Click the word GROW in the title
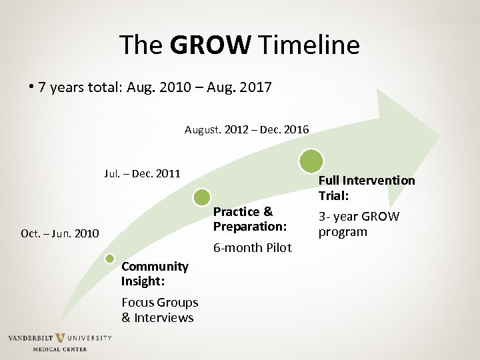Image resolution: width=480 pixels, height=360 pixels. [210, 45]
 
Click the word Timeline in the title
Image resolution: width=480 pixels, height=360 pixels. [309, 45]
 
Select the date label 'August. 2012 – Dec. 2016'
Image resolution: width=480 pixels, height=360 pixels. [247, 129]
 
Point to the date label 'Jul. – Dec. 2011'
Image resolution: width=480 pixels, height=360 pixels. [142, 174]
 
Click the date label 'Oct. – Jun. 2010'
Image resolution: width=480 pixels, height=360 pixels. [60, 233]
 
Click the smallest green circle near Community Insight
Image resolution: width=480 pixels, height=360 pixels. [110, 259]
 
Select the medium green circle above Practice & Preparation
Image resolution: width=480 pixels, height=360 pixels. [201, 197]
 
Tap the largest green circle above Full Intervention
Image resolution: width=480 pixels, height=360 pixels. [311, 161]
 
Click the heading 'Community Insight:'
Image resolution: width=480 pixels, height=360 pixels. [155, 274]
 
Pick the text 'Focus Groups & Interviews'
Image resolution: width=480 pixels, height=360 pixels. [159, 310]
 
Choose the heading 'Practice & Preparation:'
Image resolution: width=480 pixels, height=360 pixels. [249, 219]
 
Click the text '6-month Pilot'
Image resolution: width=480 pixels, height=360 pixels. [252, 248]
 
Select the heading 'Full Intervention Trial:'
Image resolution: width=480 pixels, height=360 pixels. [366, 188]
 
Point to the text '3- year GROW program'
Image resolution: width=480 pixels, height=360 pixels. [359, 224]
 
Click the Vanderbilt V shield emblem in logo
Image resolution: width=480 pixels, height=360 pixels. [61, 338]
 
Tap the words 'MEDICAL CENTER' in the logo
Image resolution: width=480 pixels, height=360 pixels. [60, 349]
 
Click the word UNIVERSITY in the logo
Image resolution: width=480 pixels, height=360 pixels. [90, 339]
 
